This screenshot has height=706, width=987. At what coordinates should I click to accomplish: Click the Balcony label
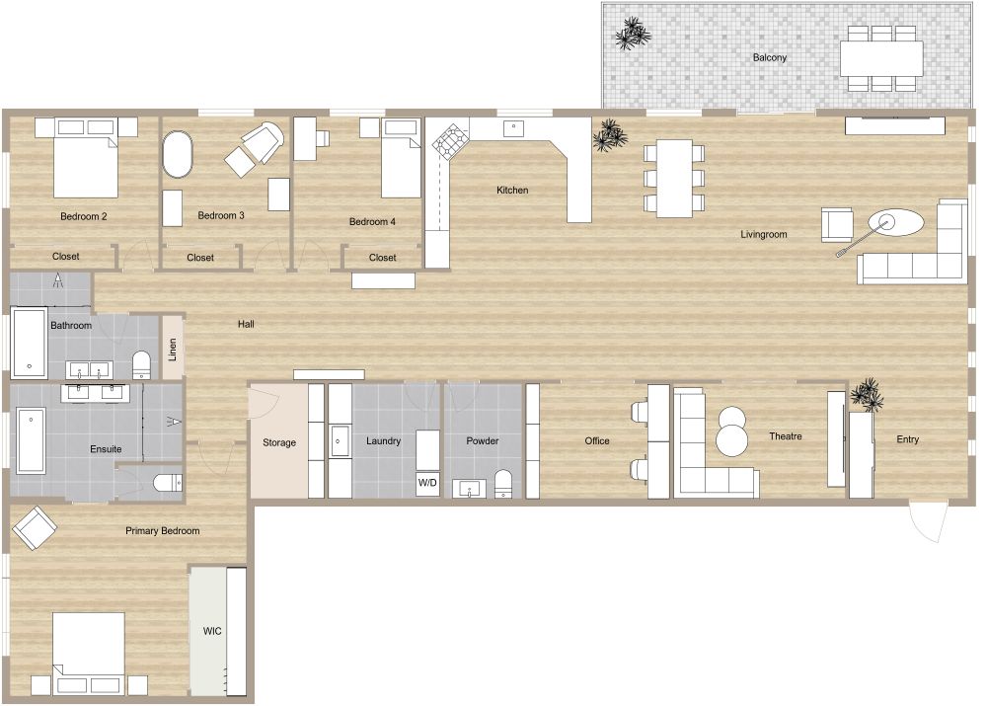pyautogui.click(x=770, y=57)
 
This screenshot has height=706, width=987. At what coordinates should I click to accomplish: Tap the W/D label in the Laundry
pyautogui.click(x=427, y=483)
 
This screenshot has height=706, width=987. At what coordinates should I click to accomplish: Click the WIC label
pyautogui.click(x=212, y=630)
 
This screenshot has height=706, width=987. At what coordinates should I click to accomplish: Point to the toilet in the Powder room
pyautogui.click(x=503, y=483)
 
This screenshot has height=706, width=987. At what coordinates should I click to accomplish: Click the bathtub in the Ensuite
pyautogui.click(x=31, y=440)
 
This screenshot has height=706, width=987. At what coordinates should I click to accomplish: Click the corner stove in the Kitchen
pyautogui.click(x=451, y=142)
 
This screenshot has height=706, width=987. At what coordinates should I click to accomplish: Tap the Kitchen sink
pyautogui.click(x=514, y=127)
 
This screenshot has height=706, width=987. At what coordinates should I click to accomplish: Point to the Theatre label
pyautogui.click(x=785, y=436)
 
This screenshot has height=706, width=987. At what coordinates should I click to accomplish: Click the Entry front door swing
pyautogui.click(x=928, y=521)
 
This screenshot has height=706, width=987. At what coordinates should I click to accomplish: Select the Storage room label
pyautogui.click(x=279, y=442)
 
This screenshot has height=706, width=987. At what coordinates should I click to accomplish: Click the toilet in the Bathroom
pyautogui.click(x=141, y=363)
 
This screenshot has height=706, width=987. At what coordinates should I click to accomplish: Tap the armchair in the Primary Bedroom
pyautogui.click(x=35, y=528)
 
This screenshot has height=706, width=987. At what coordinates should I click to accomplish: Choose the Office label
pyautogui.click(x=597, y=441)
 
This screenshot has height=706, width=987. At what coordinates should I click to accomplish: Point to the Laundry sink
pyautogui.click(x=341, y=440)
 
